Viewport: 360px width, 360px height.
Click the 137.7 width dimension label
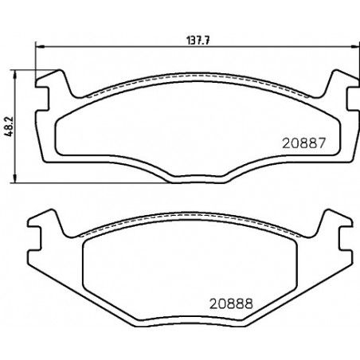199,41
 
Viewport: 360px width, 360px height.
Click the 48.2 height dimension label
9,127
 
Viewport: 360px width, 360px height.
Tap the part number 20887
303,143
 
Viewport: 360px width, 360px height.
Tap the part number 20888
231,303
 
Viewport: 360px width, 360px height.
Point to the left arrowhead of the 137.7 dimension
40,47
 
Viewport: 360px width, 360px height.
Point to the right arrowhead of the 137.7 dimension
355,47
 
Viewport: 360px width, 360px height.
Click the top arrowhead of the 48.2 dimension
15,75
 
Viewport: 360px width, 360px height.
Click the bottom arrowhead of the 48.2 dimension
15,178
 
